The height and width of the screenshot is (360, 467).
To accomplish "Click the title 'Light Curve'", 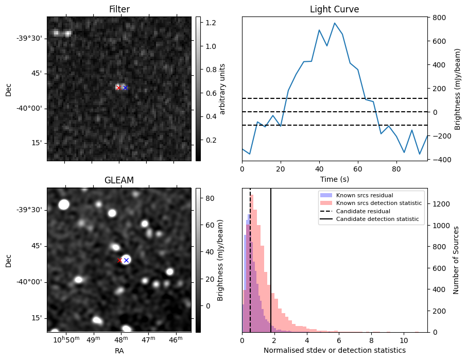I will [x=334, y=9].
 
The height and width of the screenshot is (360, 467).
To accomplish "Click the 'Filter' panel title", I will [x=119, y=9].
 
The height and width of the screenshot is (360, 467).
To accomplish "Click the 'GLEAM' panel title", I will [x=119, y=180].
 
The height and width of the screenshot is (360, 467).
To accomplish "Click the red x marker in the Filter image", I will [x=118, y=88].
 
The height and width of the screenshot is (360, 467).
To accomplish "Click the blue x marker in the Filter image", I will [x=125, y=88].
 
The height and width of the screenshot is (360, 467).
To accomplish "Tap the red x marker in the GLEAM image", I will [x=119, y=261].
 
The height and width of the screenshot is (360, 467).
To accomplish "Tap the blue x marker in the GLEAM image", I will [x=126, y=261].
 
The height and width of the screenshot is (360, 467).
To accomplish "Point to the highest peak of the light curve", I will [x=335, y=23].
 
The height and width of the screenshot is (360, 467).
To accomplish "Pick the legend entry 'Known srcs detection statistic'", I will [x=379, y=203].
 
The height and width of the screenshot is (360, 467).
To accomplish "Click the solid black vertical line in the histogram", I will [x=271, y=268].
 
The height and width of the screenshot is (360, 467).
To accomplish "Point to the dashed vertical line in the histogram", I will [x=250, y=268].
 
